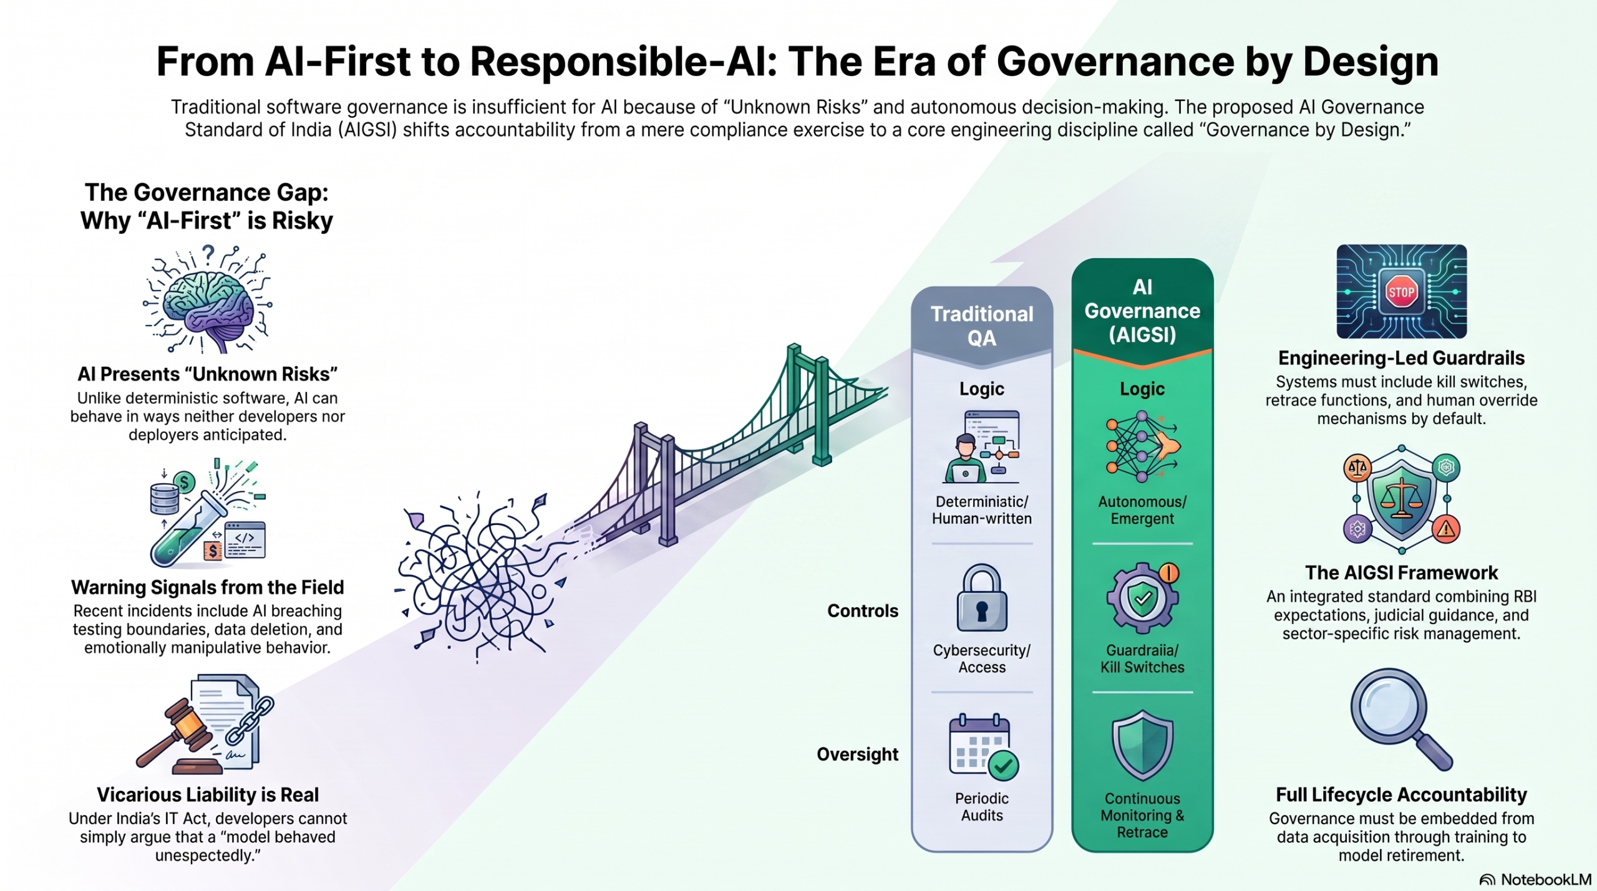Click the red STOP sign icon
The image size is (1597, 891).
pos(1401,292)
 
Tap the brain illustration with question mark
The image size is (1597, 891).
pos(208,299)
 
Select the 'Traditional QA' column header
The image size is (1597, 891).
pos(982,325)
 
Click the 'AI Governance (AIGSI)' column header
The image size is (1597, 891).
pos(1142,311)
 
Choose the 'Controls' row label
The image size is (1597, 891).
pos(863,610)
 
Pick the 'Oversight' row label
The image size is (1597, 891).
pos(858,754)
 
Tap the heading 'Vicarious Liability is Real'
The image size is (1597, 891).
pos(208,794)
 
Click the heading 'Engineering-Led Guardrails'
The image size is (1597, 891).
pos(1401,358)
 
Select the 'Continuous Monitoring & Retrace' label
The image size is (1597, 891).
pos(1142,815)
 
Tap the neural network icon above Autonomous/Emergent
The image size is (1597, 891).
pos(1142,446)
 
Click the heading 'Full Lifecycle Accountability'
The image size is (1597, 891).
pos(1401,794)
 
